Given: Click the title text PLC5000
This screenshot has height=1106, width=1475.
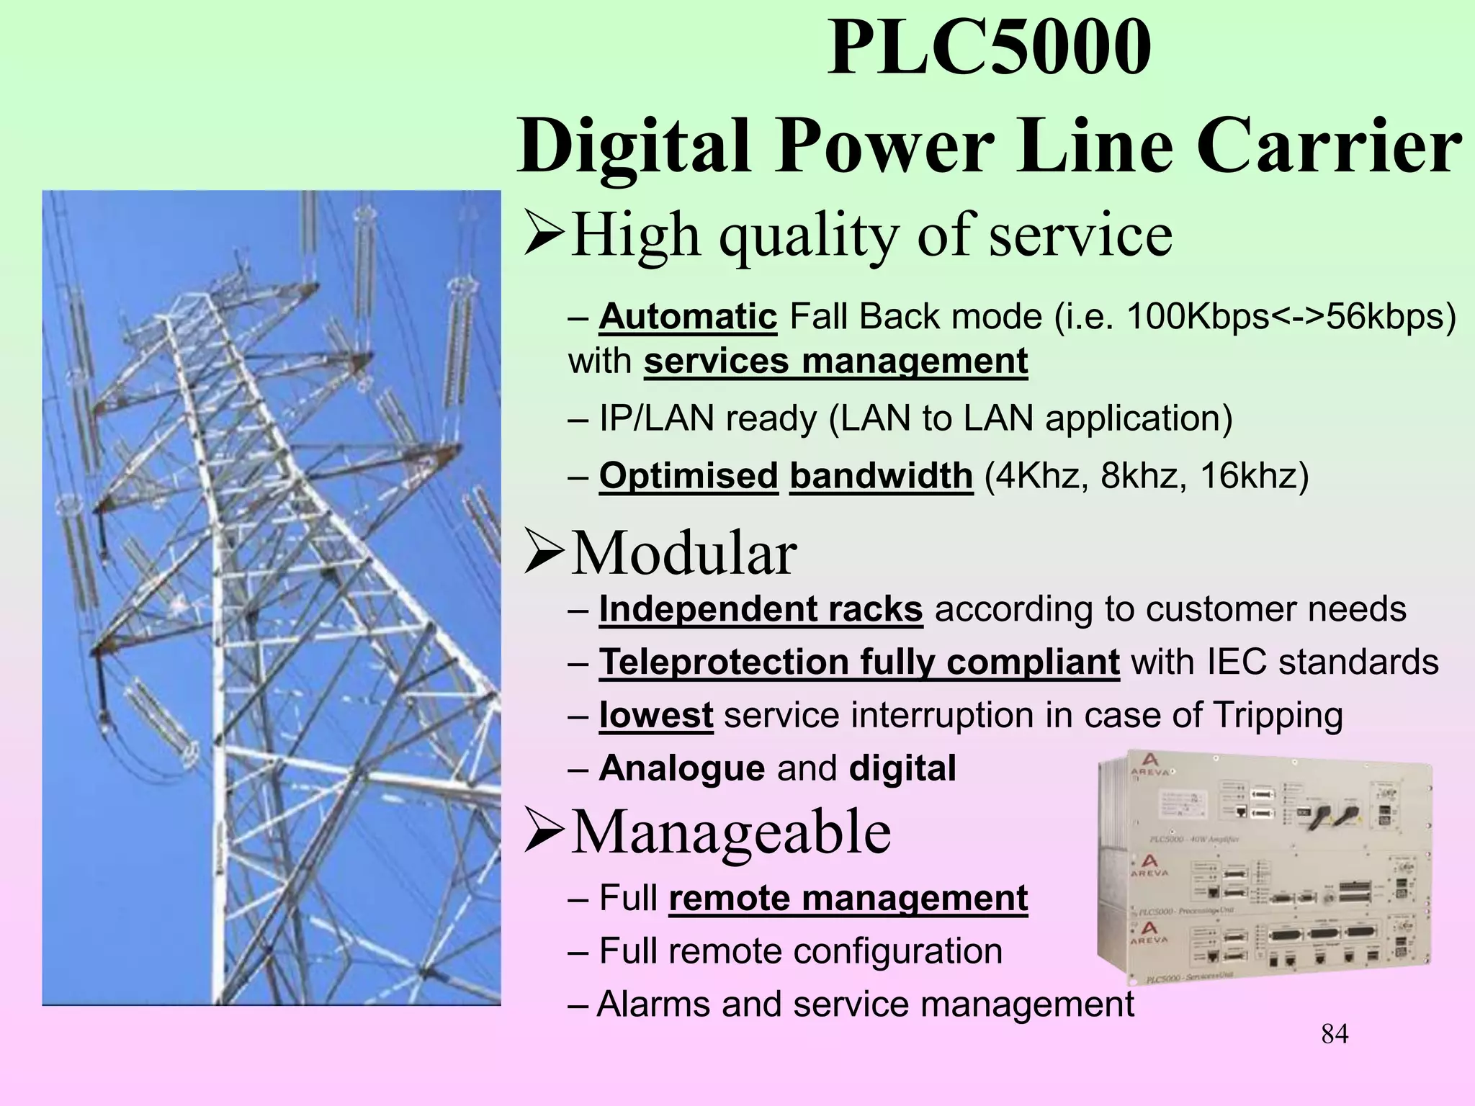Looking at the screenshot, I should (989, 49).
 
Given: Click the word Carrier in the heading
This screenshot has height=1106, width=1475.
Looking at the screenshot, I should (1329, 146).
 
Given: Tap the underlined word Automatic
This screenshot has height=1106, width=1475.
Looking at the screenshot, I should (688, 317).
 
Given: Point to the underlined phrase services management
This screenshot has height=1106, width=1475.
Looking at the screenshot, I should (835, 361).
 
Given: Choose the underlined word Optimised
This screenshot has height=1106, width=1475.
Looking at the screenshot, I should (688, 476).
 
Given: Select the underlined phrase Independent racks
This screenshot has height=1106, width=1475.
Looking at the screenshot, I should (761, 609).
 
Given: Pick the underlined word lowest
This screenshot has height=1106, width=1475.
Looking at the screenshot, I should (656, 716).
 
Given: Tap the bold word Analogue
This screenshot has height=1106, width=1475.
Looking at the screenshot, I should (681, 768).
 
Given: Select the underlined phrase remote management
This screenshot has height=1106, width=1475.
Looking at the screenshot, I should (848, 899).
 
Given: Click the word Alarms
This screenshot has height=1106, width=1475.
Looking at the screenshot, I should (653, 1004).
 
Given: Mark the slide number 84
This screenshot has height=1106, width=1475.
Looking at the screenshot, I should (1335, 1034).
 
